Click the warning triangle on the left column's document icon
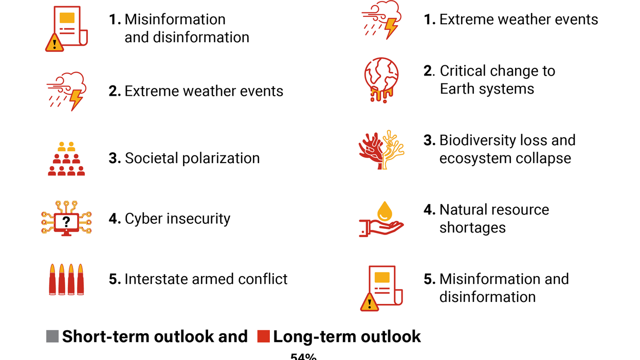(x=54, y=43)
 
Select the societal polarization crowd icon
(x=66, y=159)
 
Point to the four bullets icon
(x=66, y=279)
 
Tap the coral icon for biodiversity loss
(x=381, y=150)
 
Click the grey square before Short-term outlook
(x=52, y=337)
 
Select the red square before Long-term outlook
(x=263, y=337)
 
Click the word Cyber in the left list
(x=141, y=219)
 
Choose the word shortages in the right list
(x=472, y=228)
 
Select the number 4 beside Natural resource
(x=429, y=210)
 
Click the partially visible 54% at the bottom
(x=303, y=356)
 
